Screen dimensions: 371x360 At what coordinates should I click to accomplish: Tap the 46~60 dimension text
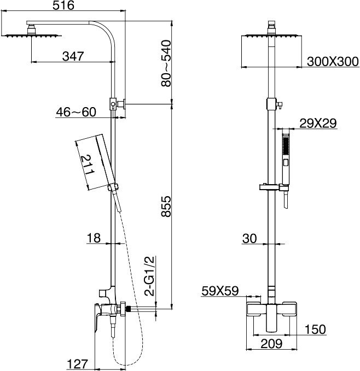[x=76, y=112]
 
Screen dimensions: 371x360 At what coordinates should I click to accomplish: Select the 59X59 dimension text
[x=220, y=291]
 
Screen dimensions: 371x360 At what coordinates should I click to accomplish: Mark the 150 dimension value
[x=315, y=329]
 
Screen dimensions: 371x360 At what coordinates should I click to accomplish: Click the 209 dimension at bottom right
[x=271, y=344]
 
